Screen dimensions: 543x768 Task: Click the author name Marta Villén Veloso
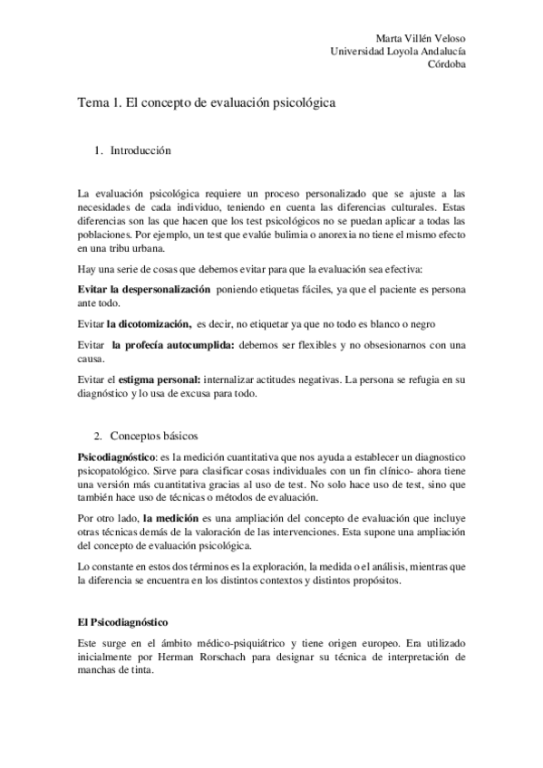(x=421, y=39)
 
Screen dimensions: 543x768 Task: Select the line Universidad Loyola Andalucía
(x=399, y=53)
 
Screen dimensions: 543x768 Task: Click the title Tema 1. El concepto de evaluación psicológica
(x=207, y=103)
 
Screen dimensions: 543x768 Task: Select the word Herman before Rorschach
(x=186, y=657)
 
